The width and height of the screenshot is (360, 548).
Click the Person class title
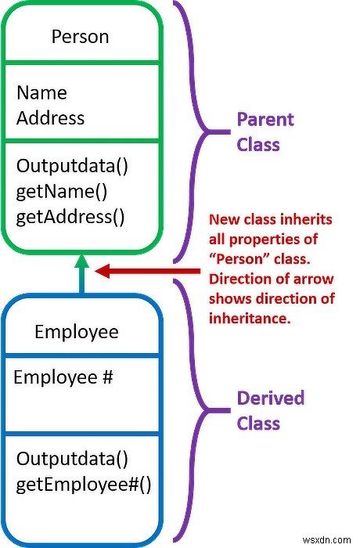pos(80,37)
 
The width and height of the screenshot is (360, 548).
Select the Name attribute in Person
pos(41,93)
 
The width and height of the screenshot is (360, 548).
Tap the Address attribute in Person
pos(50,117)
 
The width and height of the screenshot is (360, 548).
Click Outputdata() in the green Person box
pos(72,166)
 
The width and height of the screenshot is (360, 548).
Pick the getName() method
pos(62,192)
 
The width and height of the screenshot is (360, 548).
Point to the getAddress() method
pos(70,217)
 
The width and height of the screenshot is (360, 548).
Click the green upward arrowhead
pos(82,261)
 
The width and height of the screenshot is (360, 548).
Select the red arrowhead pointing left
pos(103,271)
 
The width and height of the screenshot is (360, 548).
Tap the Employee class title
pos(77,332)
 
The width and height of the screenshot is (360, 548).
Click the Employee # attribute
pos(63,377)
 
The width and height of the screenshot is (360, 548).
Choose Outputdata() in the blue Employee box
pos(72,459)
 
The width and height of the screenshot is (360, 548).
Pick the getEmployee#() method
pos(84,485)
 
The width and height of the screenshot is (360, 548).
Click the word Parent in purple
pos(265,120)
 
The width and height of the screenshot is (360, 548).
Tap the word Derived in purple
pos(271,398)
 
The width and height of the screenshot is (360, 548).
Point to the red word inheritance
pos(250,319)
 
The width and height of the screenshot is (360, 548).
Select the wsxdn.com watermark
pos(327,540)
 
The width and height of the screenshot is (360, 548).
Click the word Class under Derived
pos(258,424)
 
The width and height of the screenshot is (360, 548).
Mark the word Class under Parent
pos(258,145)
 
